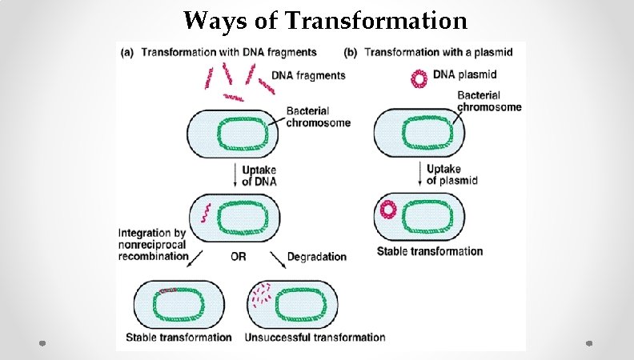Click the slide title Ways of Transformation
(x=325, y=19)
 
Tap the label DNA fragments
(x=309, y=75)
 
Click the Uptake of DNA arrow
(x=235, y=175)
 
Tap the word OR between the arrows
(x=238, y=257)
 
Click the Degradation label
(x=316, y=257)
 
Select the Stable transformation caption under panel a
(x=179, y=338)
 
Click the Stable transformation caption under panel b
(x=430, y=251)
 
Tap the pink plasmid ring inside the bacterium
(x=388, y=210)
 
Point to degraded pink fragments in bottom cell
(x=261, y=297)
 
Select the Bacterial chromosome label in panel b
(x=488, y=101)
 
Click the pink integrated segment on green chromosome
(x=167, y=290)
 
